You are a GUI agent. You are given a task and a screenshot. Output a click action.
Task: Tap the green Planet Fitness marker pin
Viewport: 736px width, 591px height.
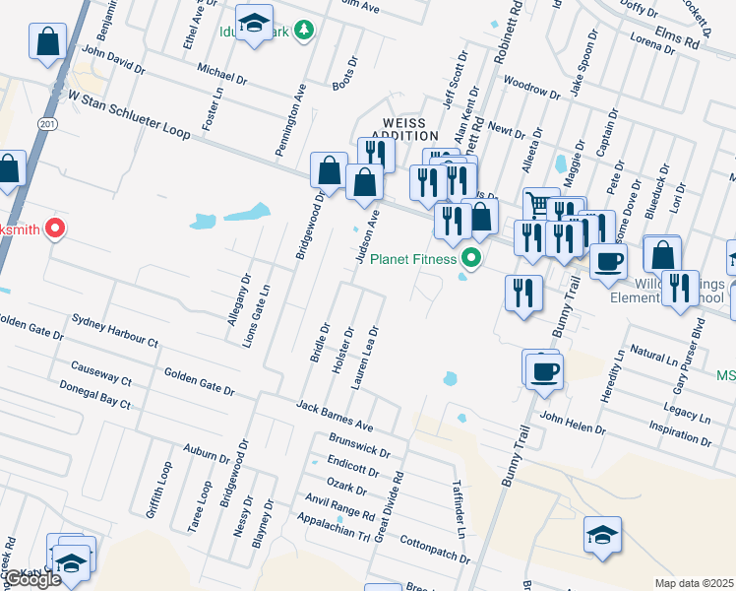click(471, 259)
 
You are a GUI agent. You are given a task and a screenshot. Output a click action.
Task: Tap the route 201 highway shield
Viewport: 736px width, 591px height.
click(46, 122)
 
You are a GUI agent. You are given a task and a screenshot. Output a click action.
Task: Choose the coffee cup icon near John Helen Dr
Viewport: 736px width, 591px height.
click(543, 371)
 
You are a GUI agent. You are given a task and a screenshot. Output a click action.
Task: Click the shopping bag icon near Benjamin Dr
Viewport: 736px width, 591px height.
click(47, 41)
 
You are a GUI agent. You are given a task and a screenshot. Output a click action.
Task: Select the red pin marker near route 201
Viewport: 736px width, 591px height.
click(55, 229)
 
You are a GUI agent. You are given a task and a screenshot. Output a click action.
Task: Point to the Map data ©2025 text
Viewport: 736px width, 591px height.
click(694, 583)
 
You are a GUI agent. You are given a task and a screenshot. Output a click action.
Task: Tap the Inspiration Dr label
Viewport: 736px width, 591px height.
click(679, 430)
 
